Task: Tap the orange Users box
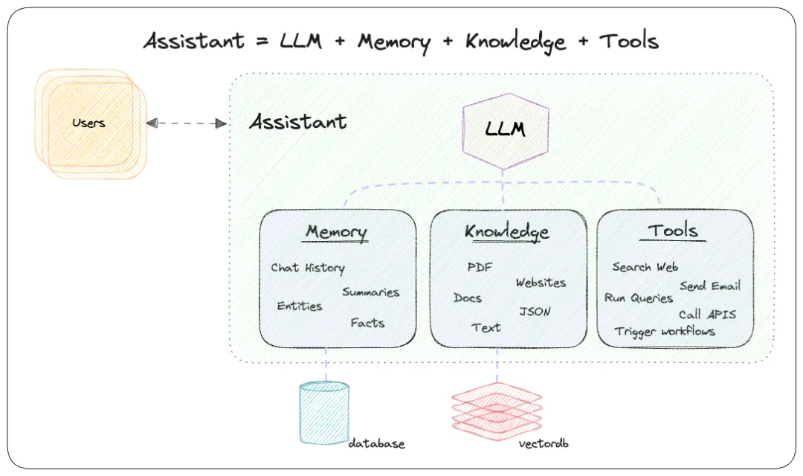coord(89,123)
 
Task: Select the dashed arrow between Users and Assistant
coord(187,123)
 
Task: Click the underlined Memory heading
coord(336,231)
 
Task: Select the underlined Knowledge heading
coord(507,231)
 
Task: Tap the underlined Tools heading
coord(673,231)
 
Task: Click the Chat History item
coord(307,268)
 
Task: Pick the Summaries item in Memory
coord(370,292)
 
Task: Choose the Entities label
coord(300,306)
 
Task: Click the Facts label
coord(367,323)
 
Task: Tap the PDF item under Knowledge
coord(480,268)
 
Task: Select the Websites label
coord(541,283)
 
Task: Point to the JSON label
coord(535,312)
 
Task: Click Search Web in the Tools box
coord(645,267)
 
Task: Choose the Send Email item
coord(709,286)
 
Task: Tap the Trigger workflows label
coord(664,331)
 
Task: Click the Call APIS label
coord(707,314)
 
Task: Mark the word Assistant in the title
coord(194,41)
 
